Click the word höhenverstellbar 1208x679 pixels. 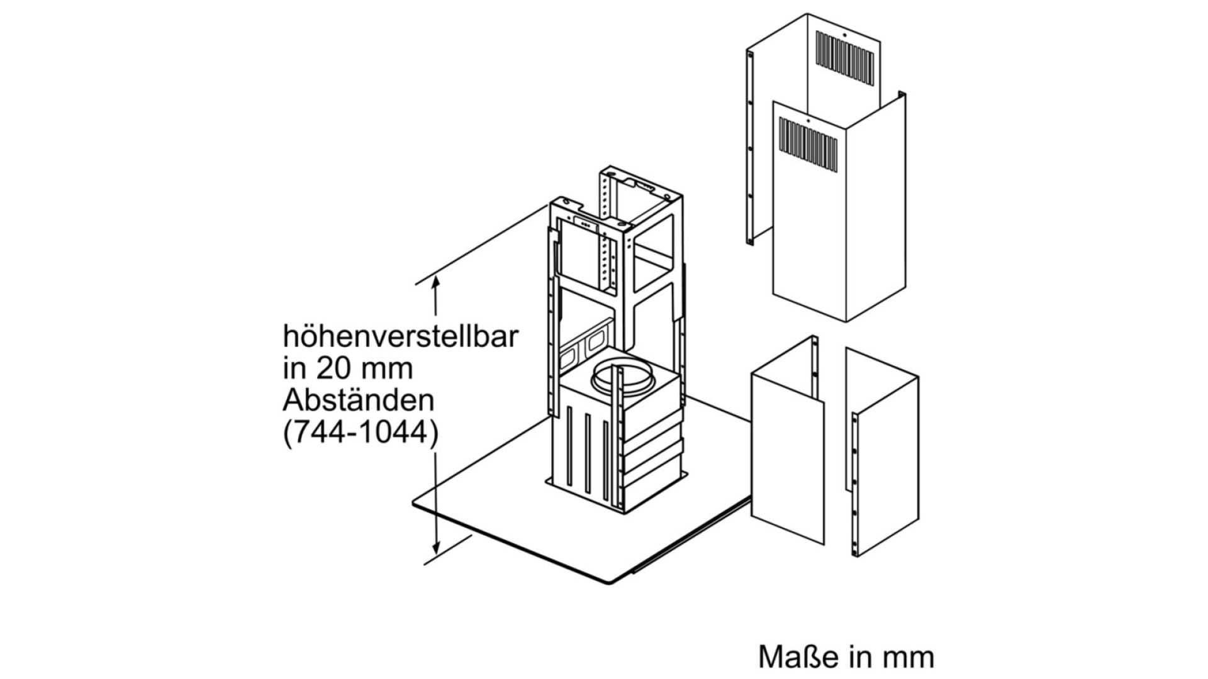tap(400, 337)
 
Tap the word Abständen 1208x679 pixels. tap(359, 400)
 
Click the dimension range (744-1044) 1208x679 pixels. tap(360, 434)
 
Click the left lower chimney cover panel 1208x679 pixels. tap(788, 440)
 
